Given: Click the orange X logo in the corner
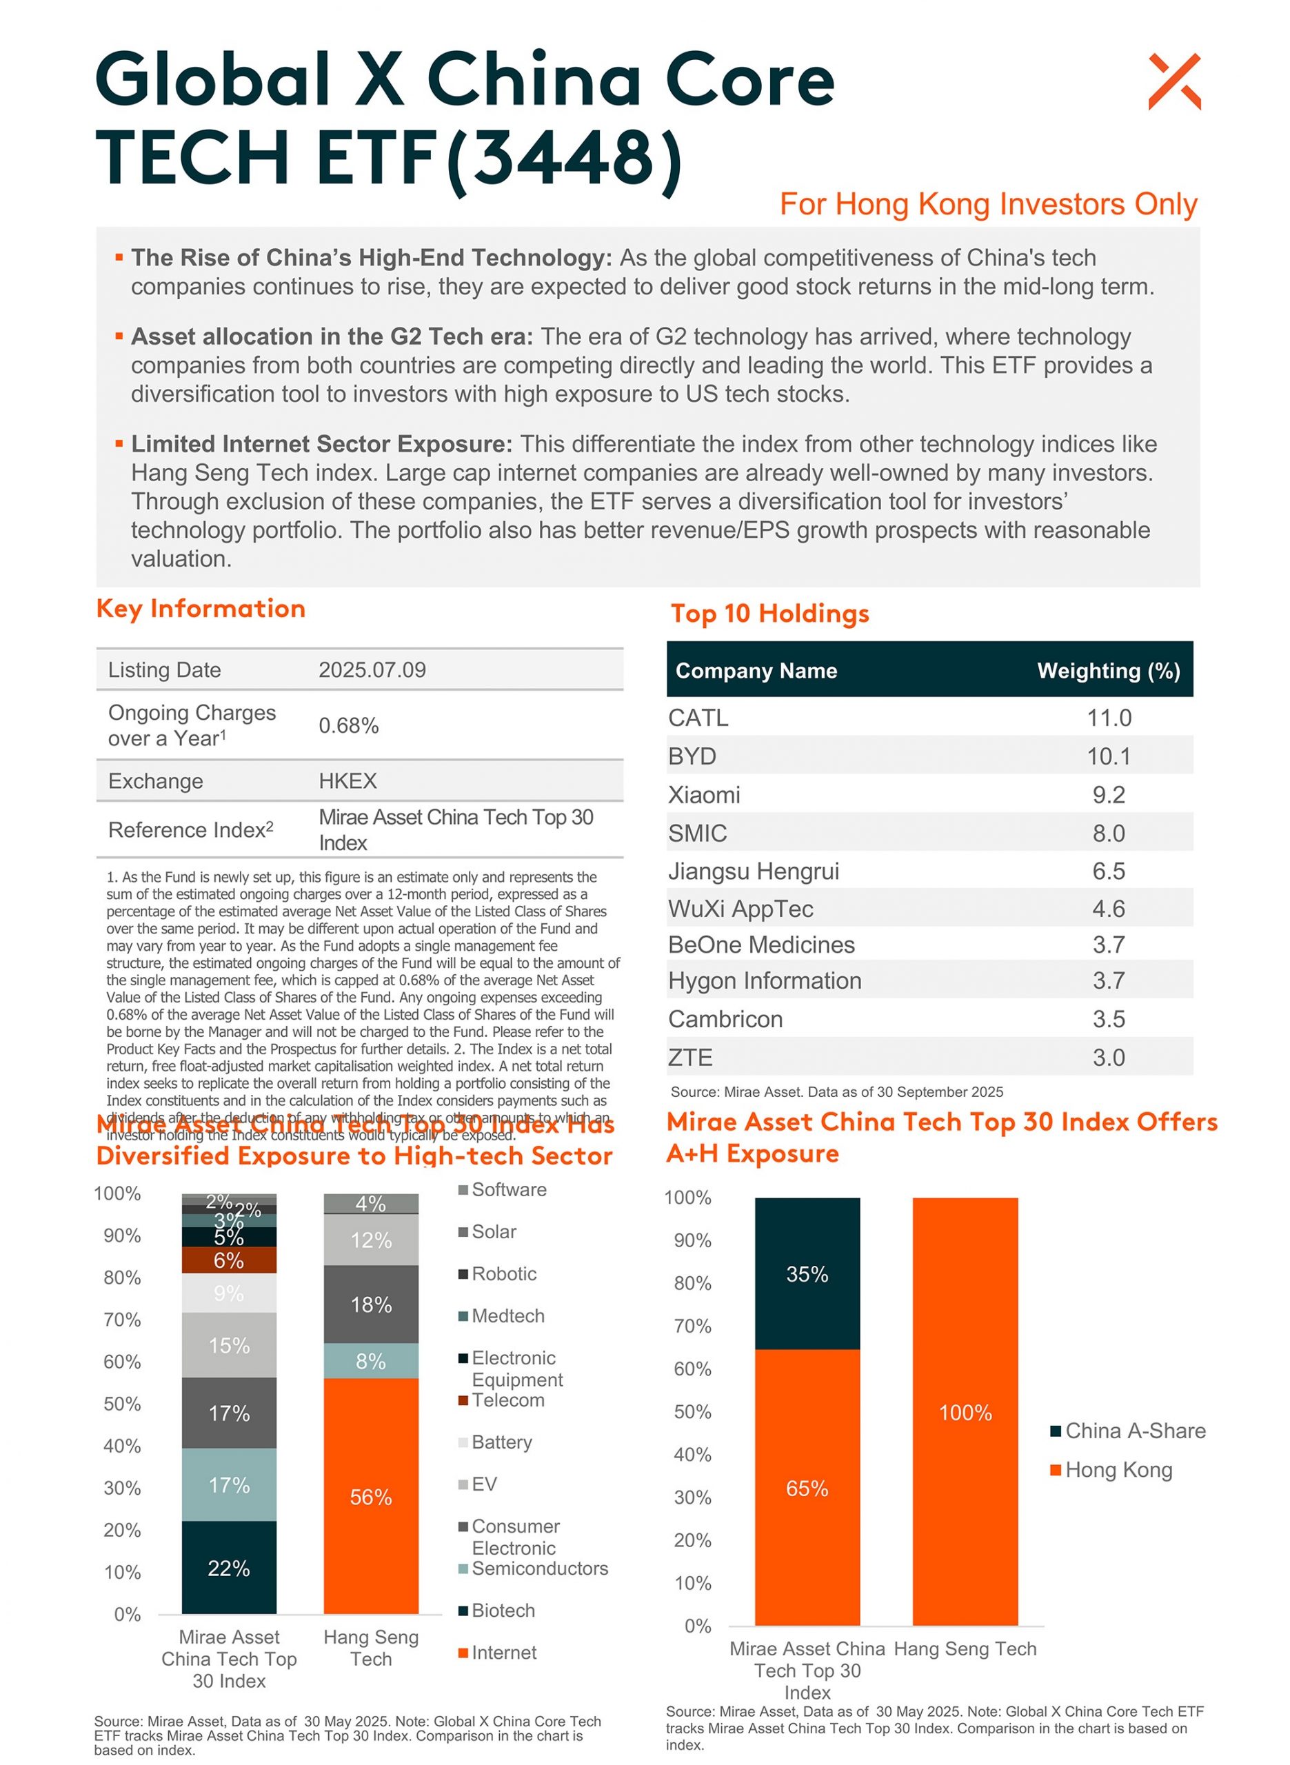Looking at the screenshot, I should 1173,81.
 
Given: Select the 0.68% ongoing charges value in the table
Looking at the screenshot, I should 348,725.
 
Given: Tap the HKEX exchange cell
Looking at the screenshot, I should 347,780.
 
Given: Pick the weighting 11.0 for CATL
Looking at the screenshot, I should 1108,718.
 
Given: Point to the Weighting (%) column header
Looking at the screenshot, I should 1107,671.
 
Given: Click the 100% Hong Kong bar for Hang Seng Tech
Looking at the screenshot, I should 965,1412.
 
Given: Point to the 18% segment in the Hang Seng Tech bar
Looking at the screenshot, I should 371,1304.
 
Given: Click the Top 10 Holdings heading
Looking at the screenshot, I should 769,614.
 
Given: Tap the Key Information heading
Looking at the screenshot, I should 201,609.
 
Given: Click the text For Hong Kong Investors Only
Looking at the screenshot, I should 988,205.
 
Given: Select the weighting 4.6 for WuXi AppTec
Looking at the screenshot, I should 1108,909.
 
